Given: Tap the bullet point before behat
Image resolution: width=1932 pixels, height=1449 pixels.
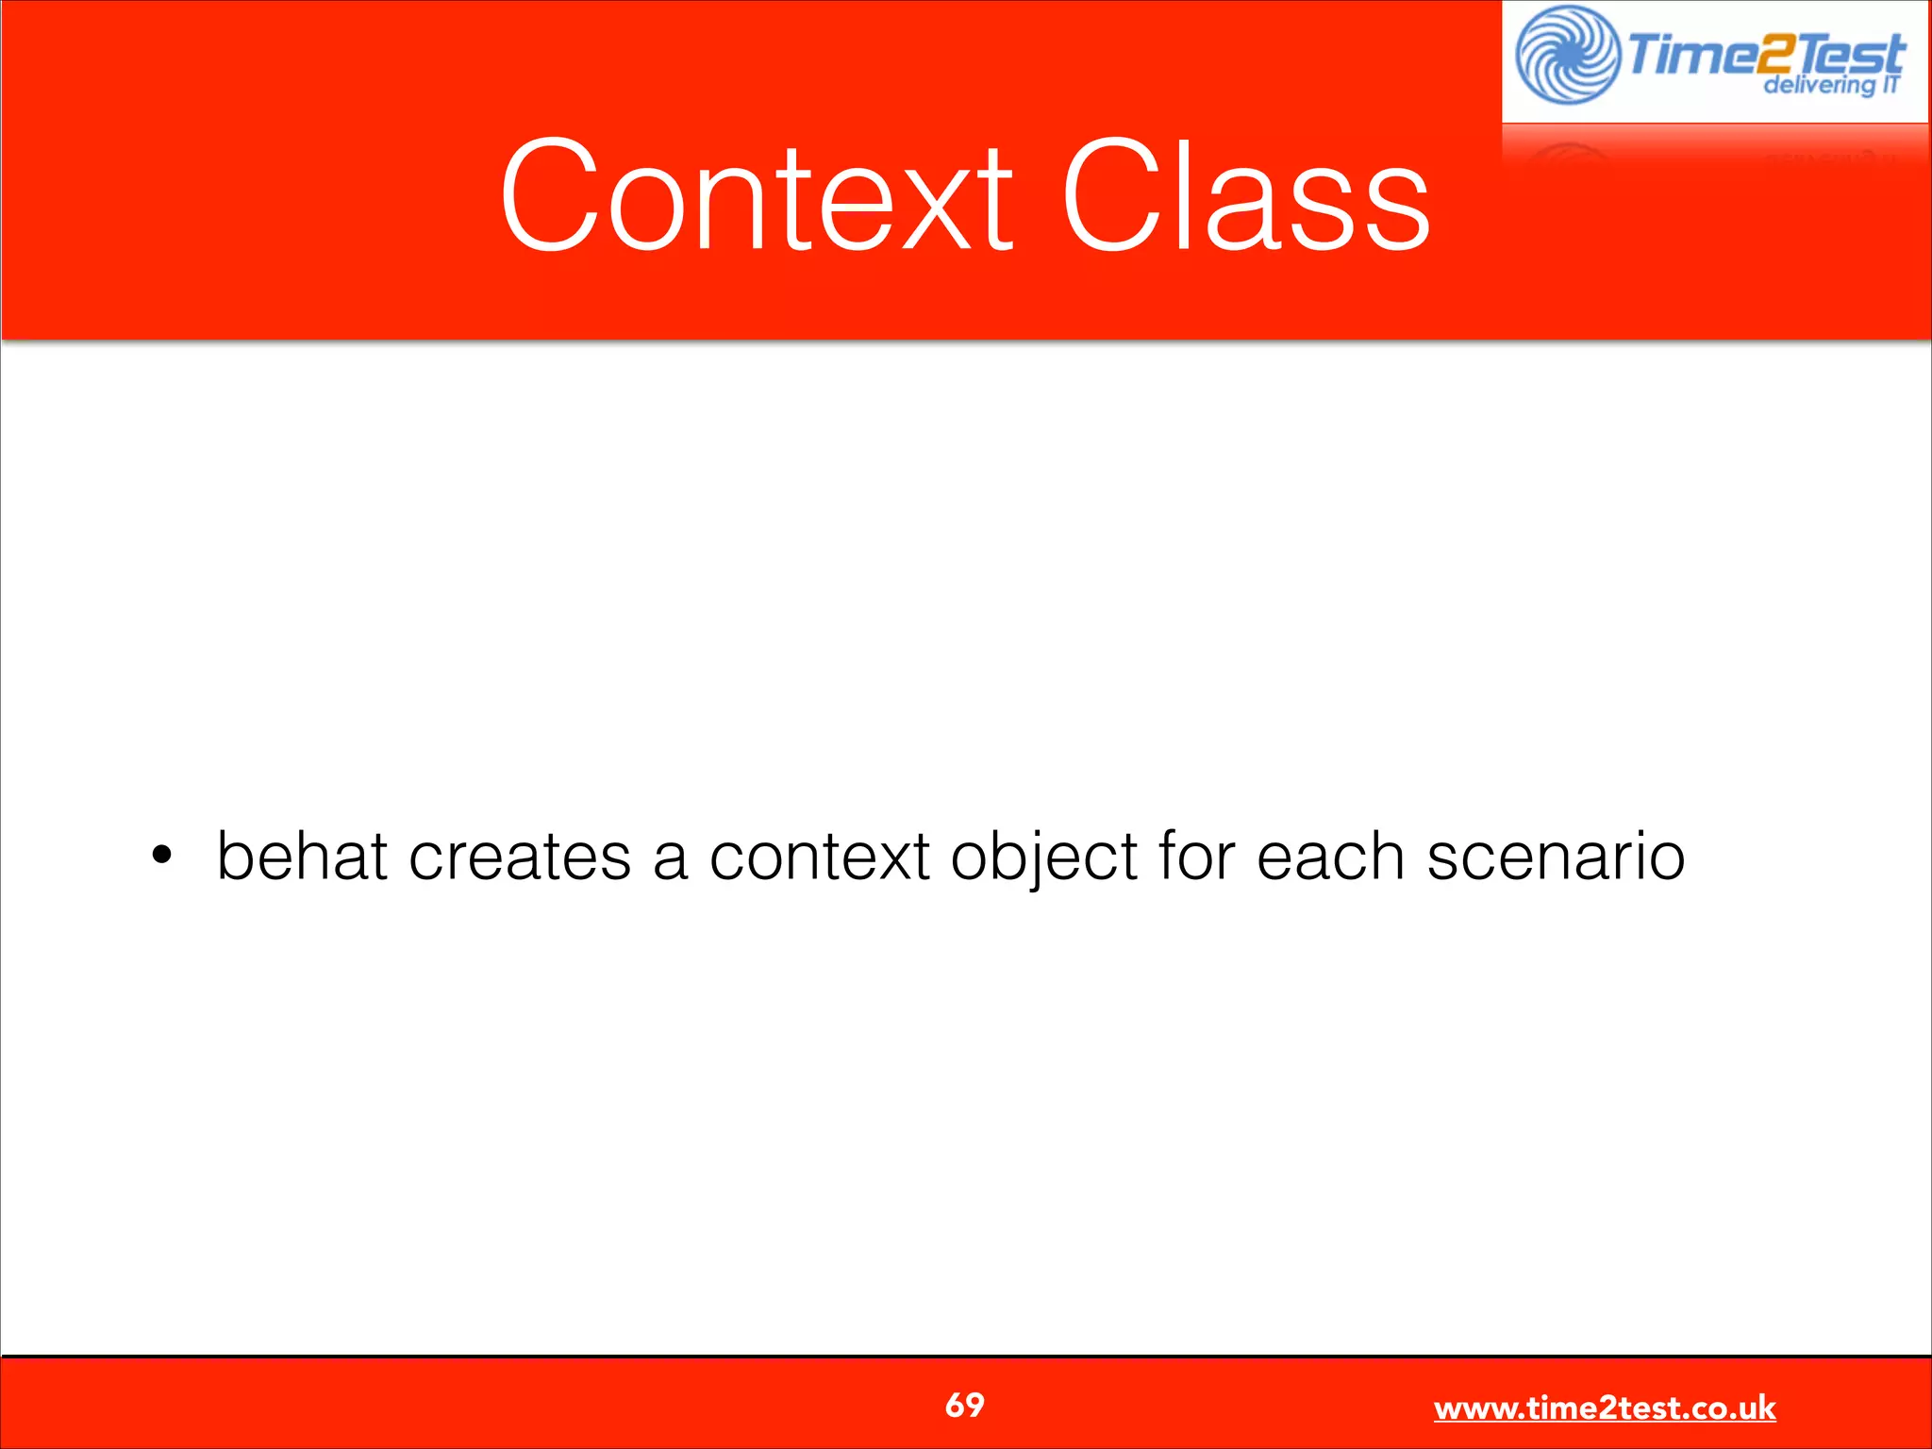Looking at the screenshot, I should [x=162, y=856].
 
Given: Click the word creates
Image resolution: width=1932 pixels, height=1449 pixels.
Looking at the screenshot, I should [x=520, y=856].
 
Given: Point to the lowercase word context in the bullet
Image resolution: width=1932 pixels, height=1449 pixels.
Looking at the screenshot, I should [x=820, y=856].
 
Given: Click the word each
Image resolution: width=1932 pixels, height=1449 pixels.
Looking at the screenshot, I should [x=1331, y=856].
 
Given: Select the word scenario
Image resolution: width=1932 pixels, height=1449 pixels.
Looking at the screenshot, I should [x=1556, y=856].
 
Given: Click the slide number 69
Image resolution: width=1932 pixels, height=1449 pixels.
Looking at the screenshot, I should [x=964, y=1405].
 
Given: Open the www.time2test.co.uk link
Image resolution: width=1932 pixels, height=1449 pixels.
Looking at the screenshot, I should [x=1605, y=1407].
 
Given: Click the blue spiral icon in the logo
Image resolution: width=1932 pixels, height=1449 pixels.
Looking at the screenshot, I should [x=1567, y=55].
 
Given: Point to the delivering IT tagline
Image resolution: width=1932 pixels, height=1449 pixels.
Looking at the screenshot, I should [x=1830, y=85].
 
